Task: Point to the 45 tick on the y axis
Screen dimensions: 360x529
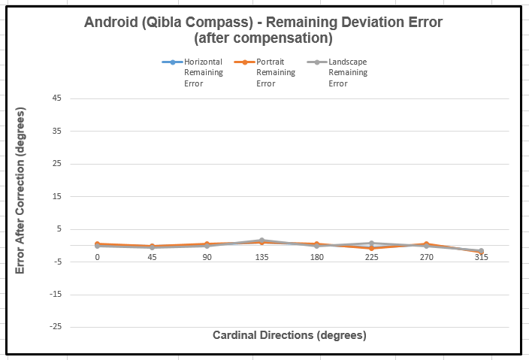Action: click(x=78, y=98)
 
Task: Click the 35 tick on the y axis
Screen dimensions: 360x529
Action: click(x=78, y=131)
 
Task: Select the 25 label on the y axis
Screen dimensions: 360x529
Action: click(x=78, y=164)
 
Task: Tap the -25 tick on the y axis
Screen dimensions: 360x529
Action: click(x=77, y=327)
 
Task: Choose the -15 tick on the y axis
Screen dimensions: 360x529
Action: click(x=77, y=294)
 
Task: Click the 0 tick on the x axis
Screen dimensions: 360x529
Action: click(x=98, y=256)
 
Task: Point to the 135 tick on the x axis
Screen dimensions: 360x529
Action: click(x=261, y=256)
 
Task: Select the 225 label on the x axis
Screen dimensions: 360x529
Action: click(x=371, y=256)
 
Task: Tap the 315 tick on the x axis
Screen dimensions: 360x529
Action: click(x=481, y=256)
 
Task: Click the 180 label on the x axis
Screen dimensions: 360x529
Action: click(x=316, y=256)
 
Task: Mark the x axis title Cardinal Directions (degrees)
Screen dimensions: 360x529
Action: click(x=289, y=334)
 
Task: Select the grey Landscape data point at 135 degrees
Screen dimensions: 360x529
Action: click(x=261, y=241)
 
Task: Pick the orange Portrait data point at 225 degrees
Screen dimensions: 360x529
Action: click(x=371, y=248)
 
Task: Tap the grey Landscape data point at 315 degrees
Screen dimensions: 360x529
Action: click(x=481, y=251)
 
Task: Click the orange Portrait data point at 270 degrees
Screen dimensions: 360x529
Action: click(x=426, y=244)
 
